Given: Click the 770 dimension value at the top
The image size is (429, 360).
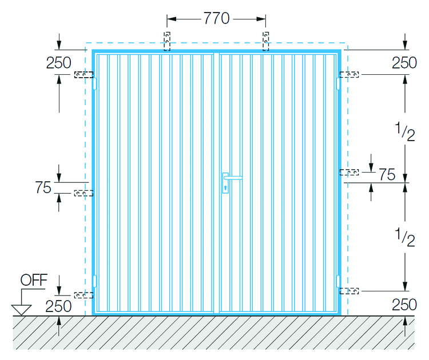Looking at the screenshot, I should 216,19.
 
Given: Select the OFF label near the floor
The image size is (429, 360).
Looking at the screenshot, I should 34,281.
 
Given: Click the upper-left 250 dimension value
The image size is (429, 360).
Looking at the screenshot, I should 59,63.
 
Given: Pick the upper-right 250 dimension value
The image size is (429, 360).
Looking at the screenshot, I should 404,63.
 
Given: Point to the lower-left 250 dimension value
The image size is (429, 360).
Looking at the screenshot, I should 59,306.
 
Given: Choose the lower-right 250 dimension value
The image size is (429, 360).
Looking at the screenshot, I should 404,305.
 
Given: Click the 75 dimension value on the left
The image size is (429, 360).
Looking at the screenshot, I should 43,187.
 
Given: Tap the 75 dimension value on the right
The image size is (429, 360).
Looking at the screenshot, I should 387,175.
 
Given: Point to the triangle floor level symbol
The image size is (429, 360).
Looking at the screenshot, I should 22,310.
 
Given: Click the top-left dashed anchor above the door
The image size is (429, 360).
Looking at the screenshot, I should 167,41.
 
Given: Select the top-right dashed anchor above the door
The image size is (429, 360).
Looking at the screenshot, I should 265,41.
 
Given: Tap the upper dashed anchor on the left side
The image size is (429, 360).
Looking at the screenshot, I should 84,75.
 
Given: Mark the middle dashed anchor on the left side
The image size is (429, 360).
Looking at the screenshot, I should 84,194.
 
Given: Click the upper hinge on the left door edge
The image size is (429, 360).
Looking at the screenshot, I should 95,83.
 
